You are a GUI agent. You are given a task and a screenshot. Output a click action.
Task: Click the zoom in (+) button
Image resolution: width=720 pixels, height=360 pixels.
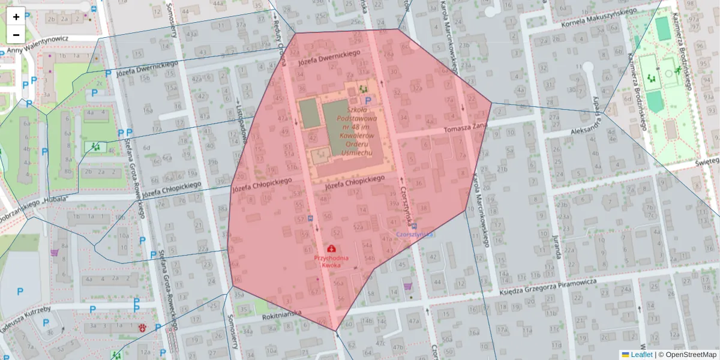(x=16, y=16)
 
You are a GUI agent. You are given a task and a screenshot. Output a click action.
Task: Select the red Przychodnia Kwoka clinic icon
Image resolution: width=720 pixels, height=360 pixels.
(x=331, y=248)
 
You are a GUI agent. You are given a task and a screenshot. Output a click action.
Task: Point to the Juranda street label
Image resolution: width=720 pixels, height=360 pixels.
(x=556, y=246)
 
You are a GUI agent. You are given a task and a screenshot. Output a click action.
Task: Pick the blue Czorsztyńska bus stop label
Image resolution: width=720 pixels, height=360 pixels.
(x=415, y=235)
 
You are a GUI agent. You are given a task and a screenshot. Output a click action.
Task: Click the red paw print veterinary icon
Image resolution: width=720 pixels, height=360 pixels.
(x=143, y=328)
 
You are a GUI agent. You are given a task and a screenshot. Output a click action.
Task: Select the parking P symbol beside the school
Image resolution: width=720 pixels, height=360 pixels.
(x=368, y=101)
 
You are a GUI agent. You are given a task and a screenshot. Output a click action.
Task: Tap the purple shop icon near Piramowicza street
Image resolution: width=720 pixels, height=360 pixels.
(x=409, y=286)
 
